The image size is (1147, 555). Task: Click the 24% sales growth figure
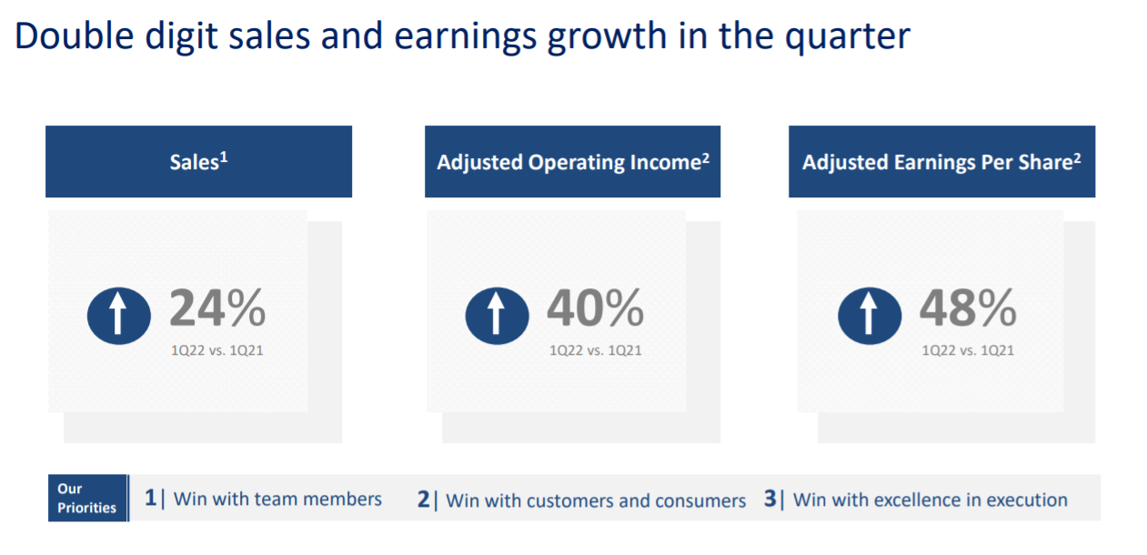217,308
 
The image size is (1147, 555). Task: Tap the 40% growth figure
595,308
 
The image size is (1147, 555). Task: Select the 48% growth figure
968,308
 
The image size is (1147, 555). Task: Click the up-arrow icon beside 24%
119,316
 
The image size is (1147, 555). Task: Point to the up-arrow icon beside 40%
497,316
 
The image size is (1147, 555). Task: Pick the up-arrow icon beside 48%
870,316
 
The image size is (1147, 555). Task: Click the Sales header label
198,162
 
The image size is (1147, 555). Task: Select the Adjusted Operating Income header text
573,162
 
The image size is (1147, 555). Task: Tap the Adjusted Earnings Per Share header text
941,162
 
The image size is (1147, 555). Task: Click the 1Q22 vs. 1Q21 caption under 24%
217,350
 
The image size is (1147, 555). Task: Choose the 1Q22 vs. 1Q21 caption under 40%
595,350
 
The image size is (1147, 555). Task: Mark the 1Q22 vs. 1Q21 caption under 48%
968,350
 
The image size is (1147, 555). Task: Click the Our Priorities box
87,499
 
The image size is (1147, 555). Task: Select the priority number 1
150,498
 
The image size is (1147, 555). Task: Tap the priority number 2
424,499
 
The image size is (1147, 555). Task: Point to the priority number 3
770,499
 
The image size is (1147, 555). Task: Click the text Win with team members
277,499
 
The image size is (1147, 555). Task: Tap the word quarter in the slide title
848,37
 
